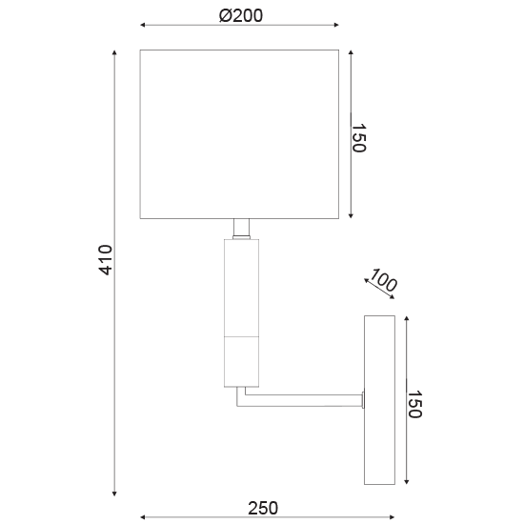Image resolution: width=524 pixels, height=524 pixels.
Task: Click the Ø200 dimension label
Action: [x=240, y=15]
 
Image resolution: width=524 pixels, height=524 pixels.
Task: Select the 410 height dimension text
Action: [x=106, y=260]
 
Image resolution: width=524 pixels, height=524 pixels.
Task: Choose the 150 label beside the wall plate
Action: [x=414, y=403]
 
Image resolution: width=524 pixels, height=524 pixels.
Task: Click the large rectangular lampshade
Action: [x=239, y=133]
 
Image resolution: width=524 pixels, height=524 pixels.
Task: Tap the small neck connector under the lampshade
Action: [x=241, y=229]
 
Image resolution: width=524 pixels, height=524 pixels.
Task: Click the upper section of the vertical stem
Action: [x=241, y=288]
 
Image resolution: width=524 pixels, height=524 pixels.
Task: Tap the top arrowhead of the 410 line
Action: [x=116, y=53]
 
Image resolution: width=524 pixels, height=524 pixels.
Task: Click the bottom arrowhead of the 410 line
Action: [x=116, y=493]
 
